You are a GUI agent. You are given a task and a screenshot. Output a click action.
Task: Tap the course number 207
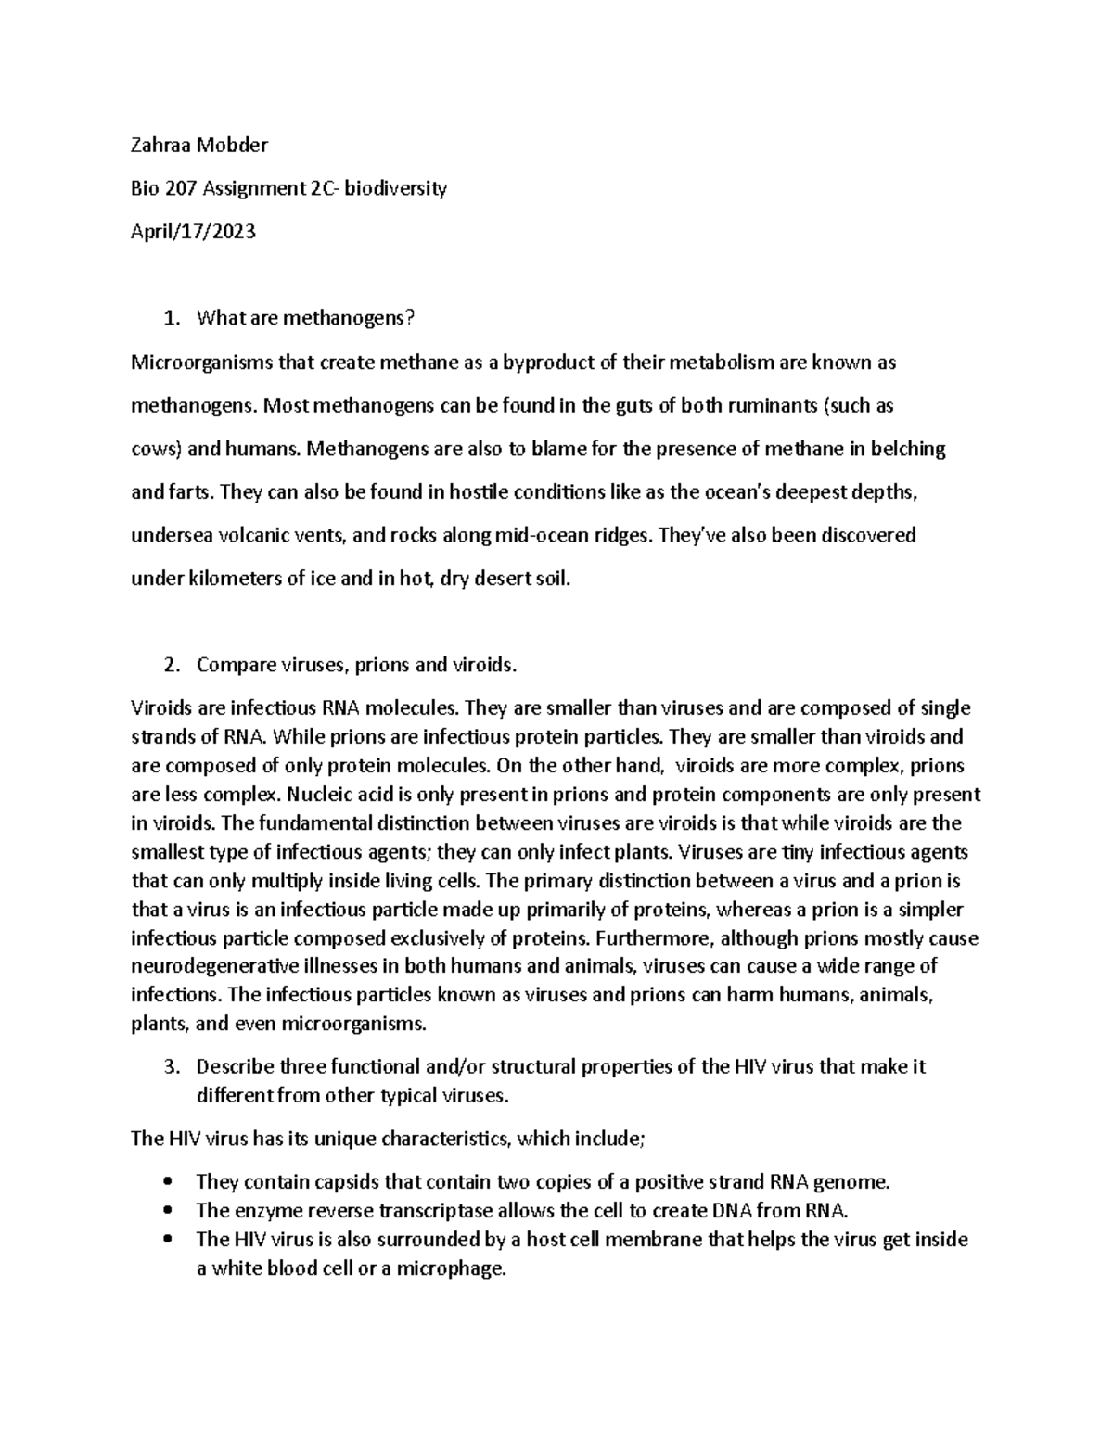point(180,188)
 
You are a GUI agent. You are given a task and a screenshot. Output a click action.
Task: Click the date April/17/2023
point(194,232)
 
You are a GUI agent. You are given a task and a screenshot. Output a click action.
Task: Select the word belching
point(908,449)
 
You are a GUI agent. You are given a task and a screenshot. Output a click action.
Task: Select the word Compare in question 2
point(236,665)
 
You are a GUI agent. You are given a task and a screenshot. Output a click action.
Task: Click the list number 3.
point(169,1066)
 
